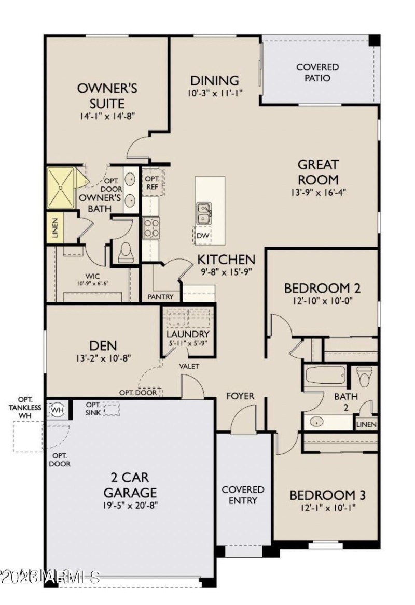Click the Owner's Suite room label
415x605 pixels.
pyautogui.click(x=107, y=95)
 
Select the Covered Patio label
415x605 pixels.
pyautogui.click(x=317, y=73)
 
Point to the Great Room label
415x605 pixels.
pyautogui.click(x=317, y=172)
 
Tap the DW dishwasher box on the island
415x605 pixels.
pyautogui.click(x=203, y=236)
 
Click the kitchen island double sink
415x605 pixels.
pyautogui.click(x=204, y=213)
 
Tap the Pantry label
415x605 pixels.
pyautogui.click(x=160, y=297)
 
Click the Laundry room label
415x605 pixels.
pyautogui.click(x=187, y=334)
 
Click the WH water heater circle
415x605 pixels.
pyautogui.click(x=57, y=410)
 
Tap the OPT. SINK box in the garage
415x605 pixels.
pyautogui.click(x=111, y=409)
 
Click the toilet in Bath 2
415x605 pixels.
pyautogui.click(x=365, y=377)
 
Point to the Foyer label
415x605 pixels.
pyautogui.click(x=240, y=396)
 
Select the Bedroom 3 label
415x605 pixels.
pyautogui.click(x=327, y=495)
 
